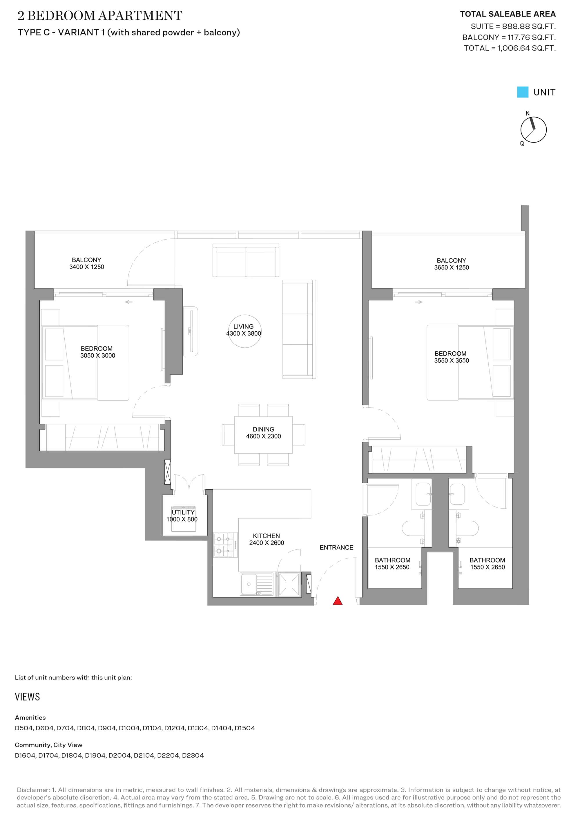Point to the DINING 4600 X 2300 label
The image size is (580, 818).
pyautogui.click(x=264, y=433)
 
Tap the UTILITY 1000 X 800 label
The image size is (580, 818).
pyautogui.click(x=182, y=515)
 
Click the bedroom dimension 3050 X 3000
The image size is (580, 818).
pyautogui.click(x=97, y=355)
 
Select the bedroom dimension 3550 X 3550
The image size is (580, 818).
pyautogui.click(x=452, y=360)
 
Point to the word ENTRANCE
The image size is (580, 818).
pyautogui.click(x=336, y=547)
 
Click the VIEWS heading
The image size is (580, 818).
pyautogui.click(x=28, y=697)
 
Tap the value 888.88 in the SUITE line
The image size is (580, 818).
pyautogui.click(x=515, y=26)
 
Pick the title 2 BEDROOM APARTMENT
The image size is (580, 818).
pyautogui.click(x=100, y=15)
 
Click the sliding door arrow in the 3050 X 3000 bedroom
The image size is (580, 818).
pyautogui.click(x=128, y=302)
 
